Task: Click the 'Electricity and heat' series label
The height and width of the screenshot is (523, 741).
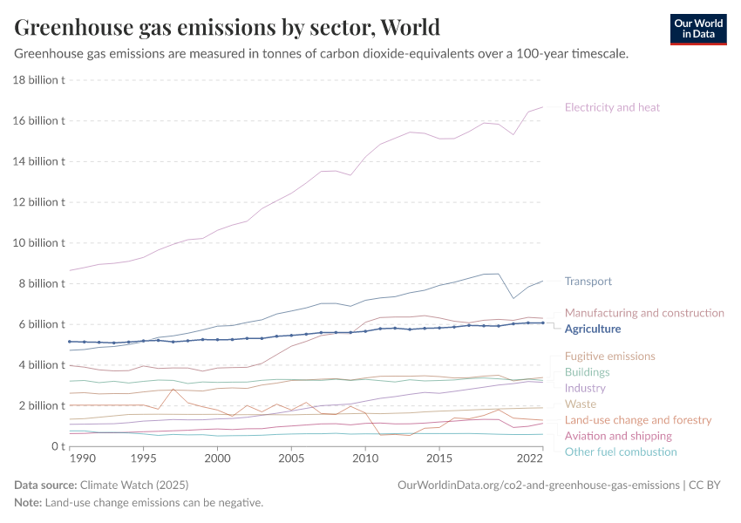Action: [612, 107]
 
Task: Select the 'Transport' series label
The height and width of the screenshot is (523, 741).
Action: [588, 282]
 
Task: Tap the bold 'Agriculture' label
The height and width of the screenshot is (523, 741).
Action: [593, 329]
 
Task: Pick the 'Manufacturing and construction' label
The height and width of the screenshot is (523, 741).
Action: [644, 313]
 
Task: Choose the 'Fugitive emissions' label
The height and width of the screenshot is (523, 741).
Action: [609, 357]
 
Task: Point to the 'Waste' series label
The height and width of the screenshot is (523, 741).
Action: [581, 404]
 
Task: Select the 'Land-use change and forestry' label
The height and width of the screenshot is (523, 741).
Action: [638, 420]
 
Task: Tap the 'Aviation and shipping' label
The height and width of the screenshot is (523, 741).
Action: [618, 436]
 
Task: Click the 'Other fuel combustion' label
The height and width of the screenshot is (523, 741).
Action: [621, 452]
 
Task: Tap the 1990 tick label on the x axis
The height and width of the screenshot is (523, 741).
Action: [82, 458]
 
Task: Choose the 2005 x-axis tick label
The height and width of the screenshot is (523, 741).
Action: [291, 458]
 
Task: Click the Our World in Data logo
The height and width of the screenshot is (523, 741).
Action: [697, 29]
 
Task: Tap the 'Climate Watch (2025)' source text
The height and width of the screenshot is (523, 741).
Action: [133, 484]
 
